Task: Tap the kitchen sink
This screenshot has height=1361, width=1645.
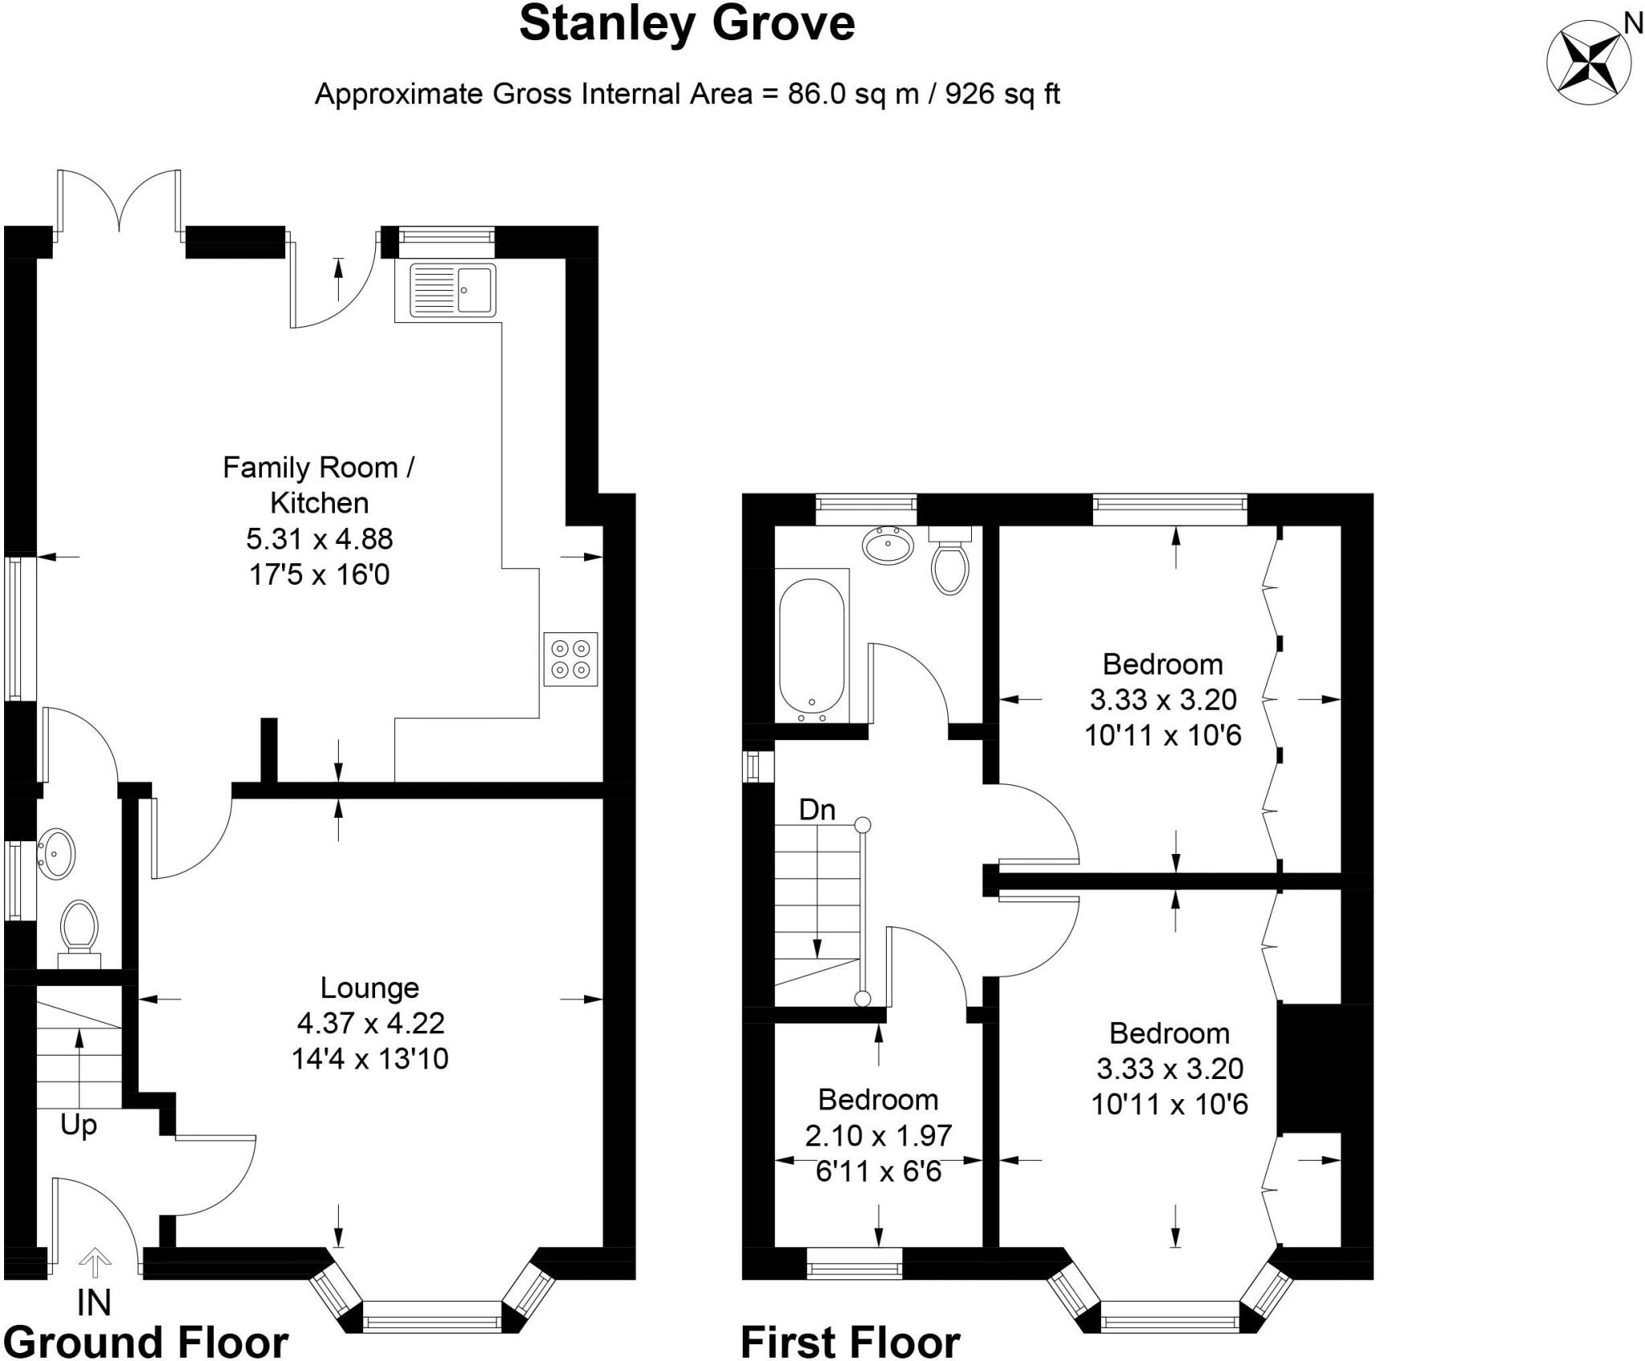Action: (x=453, y=290)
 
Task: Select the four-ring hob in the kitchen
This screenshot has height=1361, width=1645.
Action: (x=570, y=659)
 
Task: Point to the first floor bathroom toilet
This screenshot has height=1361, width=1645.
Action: (x=950, y=562)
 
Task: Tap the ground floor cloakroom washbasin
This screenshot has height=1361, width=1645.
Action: (x=56, y=853)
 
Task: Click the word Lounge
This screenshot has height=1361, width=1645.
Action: (x=369, y=987)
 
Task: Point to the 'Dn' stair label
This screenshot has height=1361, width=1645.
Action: (x=817, y=810)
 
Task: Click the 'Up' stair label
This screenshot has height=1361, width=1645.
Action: (x=79, y=1126)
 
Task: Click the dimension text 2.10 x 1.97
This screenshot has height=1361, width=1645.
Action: (x=878, y=1135)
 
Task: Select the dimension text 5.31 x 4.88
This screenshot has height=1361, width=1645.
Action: (x=320, y=538)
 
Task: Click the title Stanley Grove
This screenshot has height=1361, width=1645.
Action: (x=687, y=24)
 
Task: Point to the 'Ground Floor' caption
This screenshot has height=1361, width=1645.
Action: (x=146, y=1342)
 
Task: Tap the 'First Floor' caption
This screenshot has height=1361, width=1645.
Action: (x=850, y=1342)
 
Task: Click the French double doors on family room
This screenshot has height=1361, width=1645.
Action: (x=120, y=201)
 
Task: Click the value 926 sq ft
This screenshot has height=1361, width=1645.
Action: (x=1002, y=94)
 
